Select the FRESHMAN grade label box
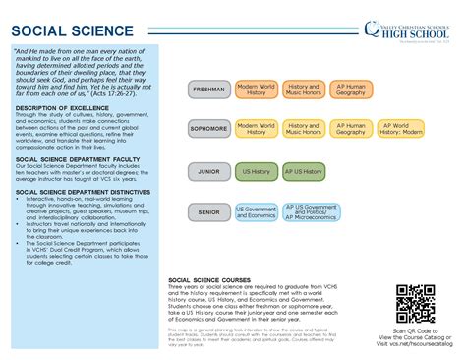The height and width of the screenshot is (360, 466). pyautogui.click(x=209, y=90)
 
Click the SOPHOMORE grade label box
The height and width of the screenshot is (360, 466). pyautogui.click(x=209, y=129)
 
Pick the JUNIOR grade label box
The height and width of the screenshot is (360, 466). pyautogui.click(x=209, y=172)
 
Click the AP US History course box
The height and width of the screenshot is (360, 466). pyautogui.click(x=303, y=172)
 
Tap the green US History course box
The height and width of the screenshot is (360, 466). pyautogui.click(x=257, y=172)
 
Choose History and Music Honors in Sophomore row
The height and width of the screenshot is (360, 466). pyautogui.click(x=303, y=129)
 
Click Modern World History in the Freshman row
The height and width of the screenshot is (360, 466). pyautogui.click(x=257, y=90)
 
